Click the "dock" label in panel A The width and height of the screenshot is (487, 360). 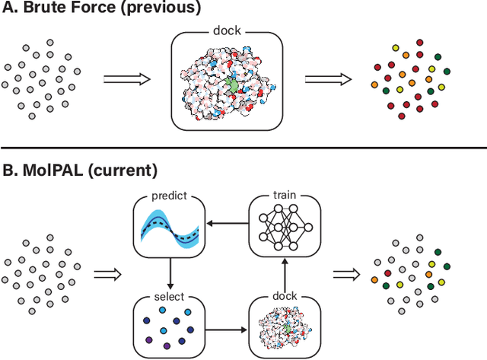point(226,32)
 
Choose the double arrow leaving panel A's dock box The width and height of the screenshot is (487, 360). point(327,78)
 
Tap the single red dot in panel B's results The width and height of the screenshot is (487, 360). point(387,272)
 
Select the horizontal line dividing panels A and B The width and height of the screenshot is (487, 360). point(243,148)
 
